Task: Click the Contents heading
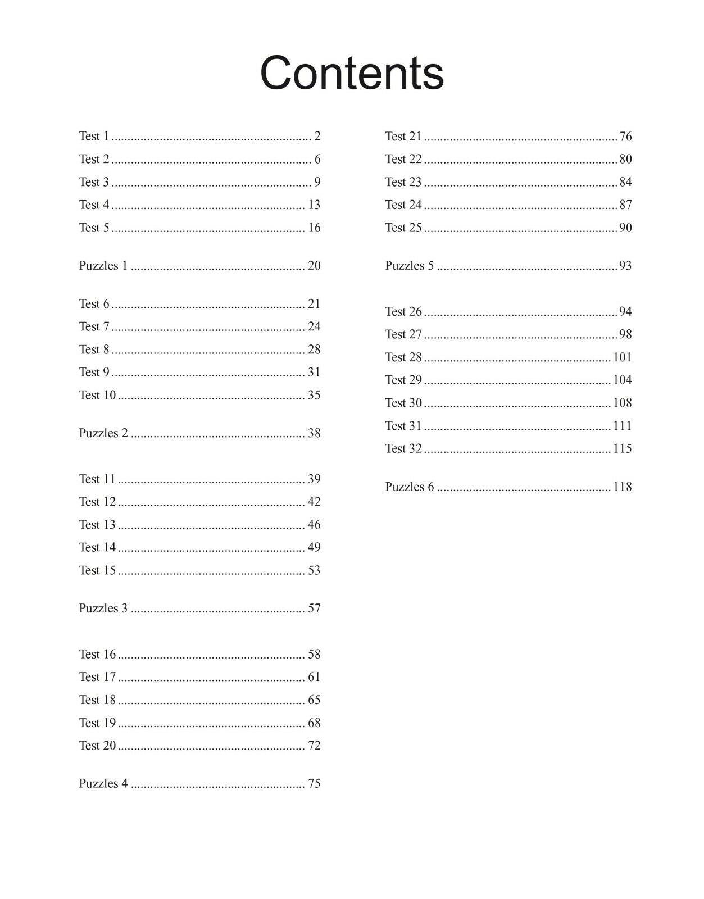(352, 73)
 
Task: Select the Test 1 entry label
(94, 136)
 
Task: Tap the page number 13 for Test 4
(314, 205)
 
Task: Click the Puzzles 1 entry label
(103, 266)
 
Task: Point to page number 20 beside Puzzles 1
(314, 266)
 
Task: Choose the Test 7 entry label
(94, 326)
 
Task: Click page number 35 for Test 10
(314, 395)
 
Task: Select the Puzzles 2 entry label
(103, 433)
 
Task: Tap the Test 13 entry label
(97, 525)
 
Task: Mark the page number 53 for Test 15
(314, 570)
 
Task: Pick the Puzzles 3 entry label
(103, 609)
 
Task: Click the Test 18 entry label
(97, 700)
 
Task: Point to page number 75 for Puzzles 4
(314, 784)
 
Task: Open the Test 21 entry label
(403, 137)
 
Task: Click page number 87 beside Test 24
(625, 205)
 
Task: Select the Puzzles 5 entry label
(410, 266)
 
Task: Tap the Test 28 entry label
(403, 357)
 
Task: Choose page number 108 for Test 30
(623, 403)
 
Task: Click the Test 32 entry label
(403, 448)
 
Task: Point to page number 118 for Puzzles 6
(623, 487)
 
